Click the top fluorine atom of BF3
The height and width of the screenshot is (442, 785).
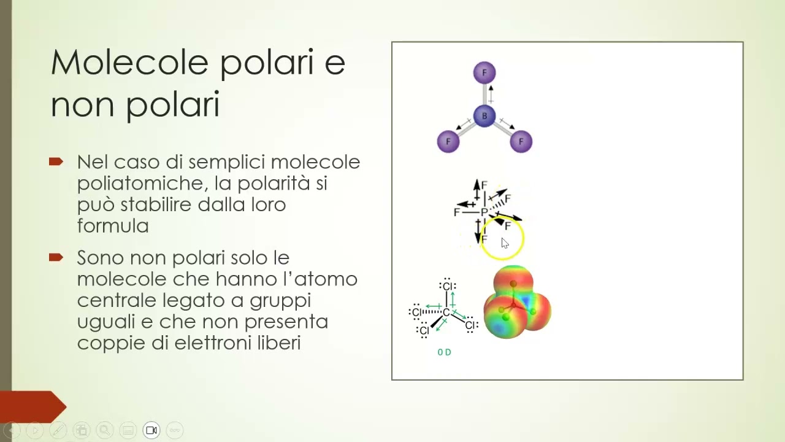pyautogui.click(x=484, y=73)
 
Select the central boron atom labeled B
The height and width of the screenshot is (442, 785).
pyautogui.click(x=484, y=116)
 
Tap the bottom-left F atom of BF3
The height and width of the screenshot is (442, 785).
pyautogui.click(x=448, y=142)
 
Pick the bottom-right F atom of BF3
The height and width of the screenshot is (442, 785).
pyautogui.click(x=521, y=142)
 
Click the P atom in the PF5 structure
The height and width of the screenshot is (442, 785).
pyautogui.click(x=484, y=212)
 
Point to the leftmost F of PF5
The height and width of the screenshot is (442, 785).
pyautogui.click(x=456, y=212)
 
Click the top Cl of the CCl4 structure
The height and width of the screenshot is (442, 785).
pyautogui.click(x=448, y=287)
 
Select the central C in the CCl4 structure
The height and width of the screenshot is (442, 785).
pyautogui.click(x=446, y=312)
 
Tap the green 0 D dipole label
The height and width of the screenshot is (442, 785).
pyautogui.click(x=444, y=352)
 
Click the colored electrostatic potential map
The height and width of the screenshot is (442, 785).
pyautogui.click(x=517, y=302)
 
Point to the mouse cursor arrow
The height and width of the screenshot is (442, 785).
pyautogui.click(x=504, y=242)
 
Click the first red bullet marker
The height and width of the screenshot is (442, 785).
pyautogui.click(x=56, y=162)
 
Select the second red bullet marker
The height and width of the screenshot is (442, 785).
pyautogui.click(x=56, y=257)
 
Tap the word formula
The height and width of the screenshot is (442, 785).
pyautogui.click(x=113, y=226)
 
